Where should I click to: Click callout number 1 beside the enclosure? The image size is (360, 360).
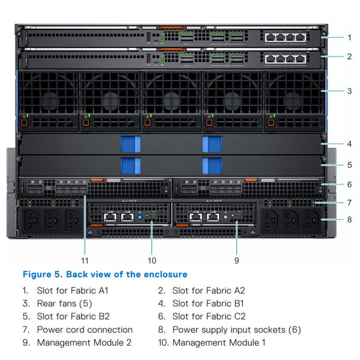point(349,37)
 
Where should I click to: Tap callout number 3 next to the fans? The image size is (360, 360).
point(349,91)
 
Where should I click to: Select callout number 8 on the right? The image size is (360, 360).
point(349,220)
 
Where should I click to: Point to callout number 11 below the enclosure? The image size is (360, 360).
point(85,260)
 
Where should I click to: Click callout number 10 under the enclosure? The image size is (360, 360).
point(152,260)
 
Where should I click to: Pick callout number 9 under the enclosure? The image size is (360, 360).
point(236,260)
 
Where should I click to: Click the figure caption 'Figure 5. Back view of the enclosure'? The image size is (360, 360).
point(105,274)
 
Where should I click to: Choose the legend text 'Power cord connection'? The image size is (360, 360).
point(85,329)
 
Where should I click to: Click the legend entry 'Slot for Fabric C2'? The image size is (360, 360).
point(208,316)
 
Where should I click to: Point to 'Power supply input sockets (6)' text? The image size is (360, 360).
point(236,329)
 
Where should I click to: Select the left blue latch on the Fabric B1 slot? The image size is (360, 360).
point(131,144)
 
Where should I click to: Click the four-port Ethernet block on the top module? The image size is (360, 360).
point(285,37)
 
